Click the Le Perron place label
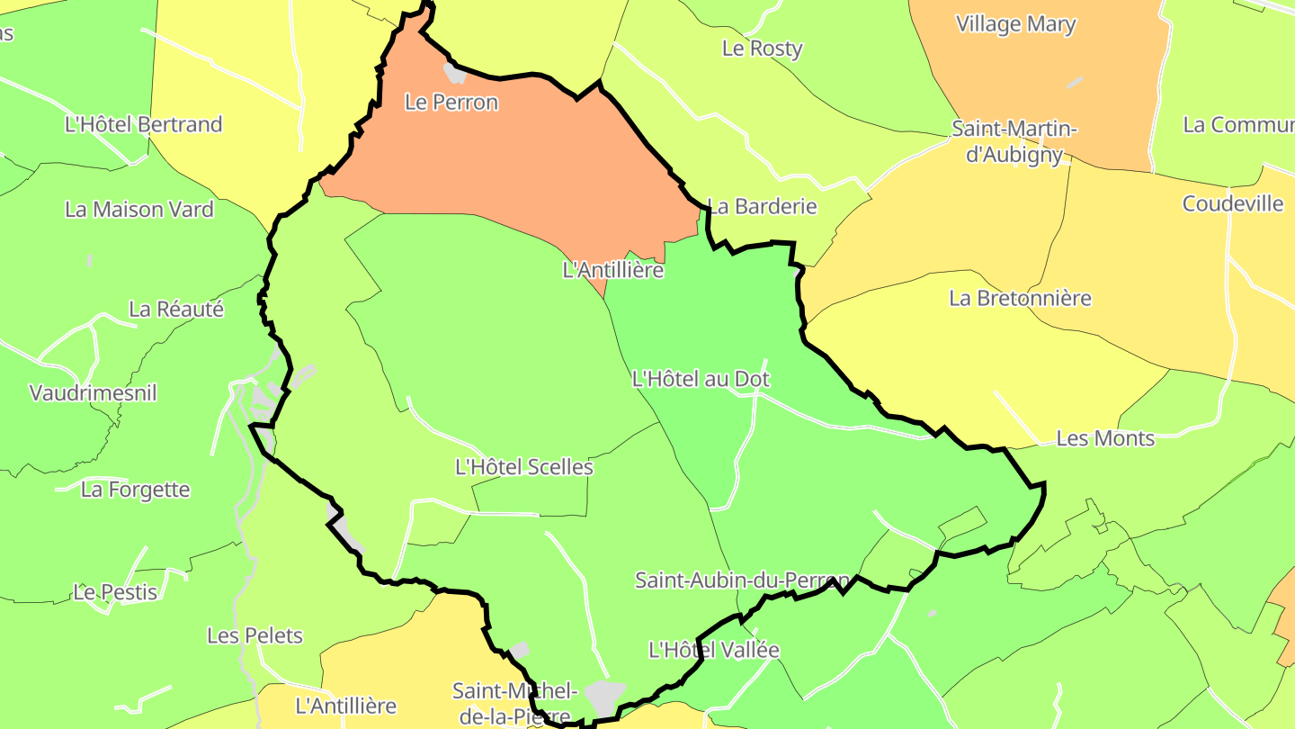coord(451,103)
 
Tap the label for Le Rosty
coord(762,49)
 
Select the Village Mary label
coord(1015,24)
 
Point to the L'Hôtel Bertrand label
coord(143,124)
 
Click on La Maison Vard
coord(139,210)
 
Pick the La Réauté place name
coord(176,310)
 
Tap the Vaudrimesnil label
coord(94,393)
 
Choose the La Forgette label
coord(136,490)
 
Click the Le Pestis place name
coord(115,592)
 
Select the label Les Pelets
coord(255,635)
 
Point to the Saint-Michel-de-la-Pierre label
coord(514,703)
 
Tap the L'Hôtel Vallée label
coord(714,649)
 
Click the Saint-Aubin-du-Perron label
coord(742,580)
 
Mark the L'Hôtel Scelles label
coord(524,467)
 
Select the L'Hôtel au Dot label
coord(701,379)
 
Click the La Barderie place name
coord(762,206)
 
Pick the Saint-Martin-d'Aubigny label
coord(1014,142)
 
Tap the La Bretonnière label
coord(1020,298)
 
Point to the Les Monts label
coord(1105,438)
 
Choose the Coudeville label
coord(1233,203)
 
